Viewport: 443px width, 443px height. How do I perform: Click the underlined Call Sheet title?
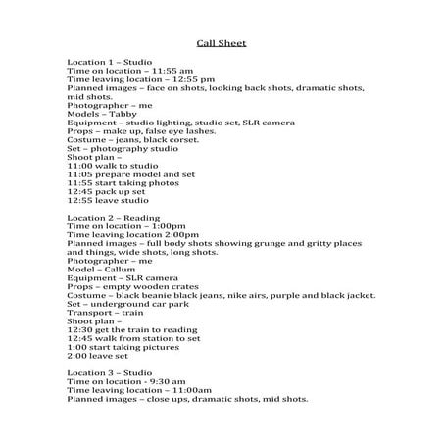pos(221,43)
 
